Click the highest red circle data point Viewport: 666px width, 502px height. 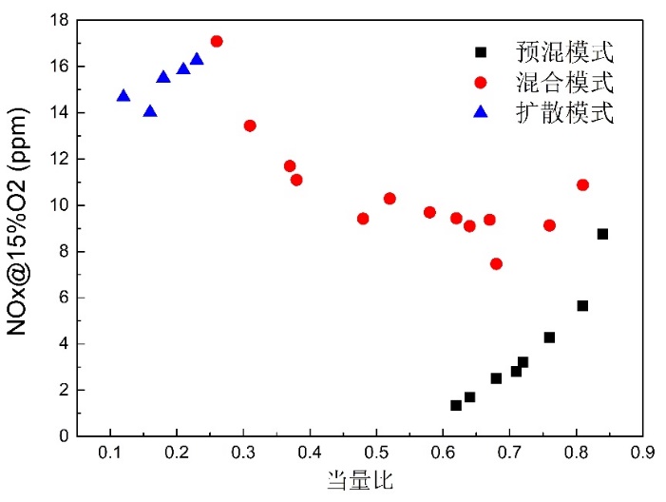coord(217,41)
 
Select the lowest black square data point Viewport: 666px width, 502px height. coord(456,405)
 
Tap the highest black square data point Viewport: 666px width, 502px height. coord(602,234)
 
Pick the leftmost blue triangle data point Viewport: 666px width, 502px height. coord(124,96)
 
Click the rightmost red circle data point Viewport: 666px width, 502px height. coord(582,184)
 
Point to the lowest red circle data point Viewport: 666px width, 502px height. coord(496,263)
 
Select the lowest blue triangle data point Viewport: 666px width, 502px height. coord(150,111)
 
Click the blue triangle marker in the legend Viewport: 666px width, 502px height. coord(481,113)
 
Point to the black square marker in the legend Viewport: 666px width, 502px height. coord(481,51)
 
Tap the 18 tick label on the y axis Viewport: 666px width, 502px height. coord(56,20)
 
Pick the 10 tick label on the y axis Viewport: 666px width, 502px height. coord(56,205)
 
